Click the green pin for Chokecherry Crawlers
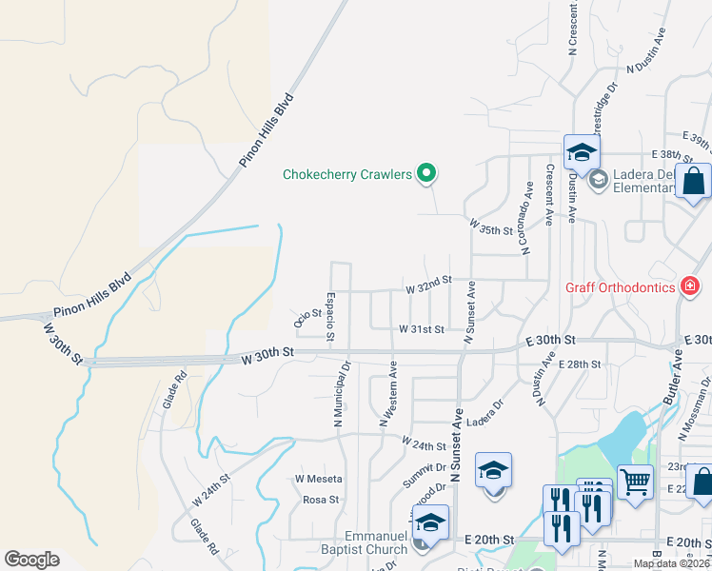(427, 173)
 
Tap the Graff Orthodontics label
(620, 286)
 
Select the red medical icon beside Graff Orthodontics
(690, 285)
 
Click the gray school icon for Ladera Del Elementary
(598, 178)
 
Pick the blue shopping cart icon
(635, 481)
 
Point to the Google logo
(31, 560)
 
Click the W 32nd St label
(426, 286)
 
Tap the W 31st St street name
(421, 329)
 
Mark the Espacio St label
(329, 317)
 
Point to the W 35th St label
(491, 229)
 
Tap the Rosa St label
(321, 499)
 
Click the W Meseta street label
(318, 478)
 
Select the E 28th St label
(580, 364)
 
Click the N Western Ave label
(388, 392)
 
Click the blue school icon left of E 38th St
(581, 152)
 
